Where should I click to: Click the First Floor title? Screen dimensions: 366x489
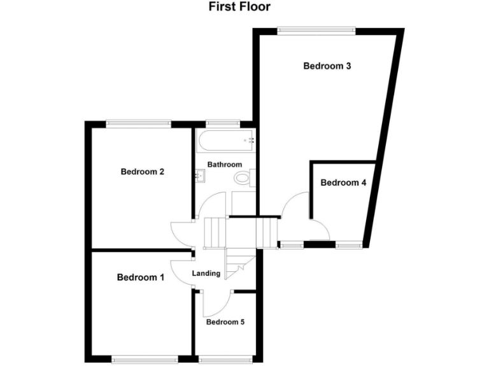(239, 7)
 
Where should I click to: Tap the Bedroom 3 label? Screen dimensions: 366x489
(327, 65)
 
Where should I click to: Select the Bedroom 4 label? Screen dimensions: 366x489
(343, 183)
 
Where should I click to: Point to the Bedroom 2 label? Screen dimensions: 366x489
(143, 172)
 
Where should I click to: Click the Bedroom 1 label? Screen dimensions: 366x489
(141, 278)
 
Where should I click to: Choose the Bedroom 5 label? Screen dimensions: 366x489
(225, 322)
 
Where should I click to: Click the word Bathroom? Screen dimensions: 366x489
(225, 165)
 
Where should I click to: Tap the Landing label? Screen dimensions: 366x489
(207, 274)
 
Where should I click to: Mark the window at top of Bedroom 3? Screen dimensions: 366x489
(316, 28)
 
